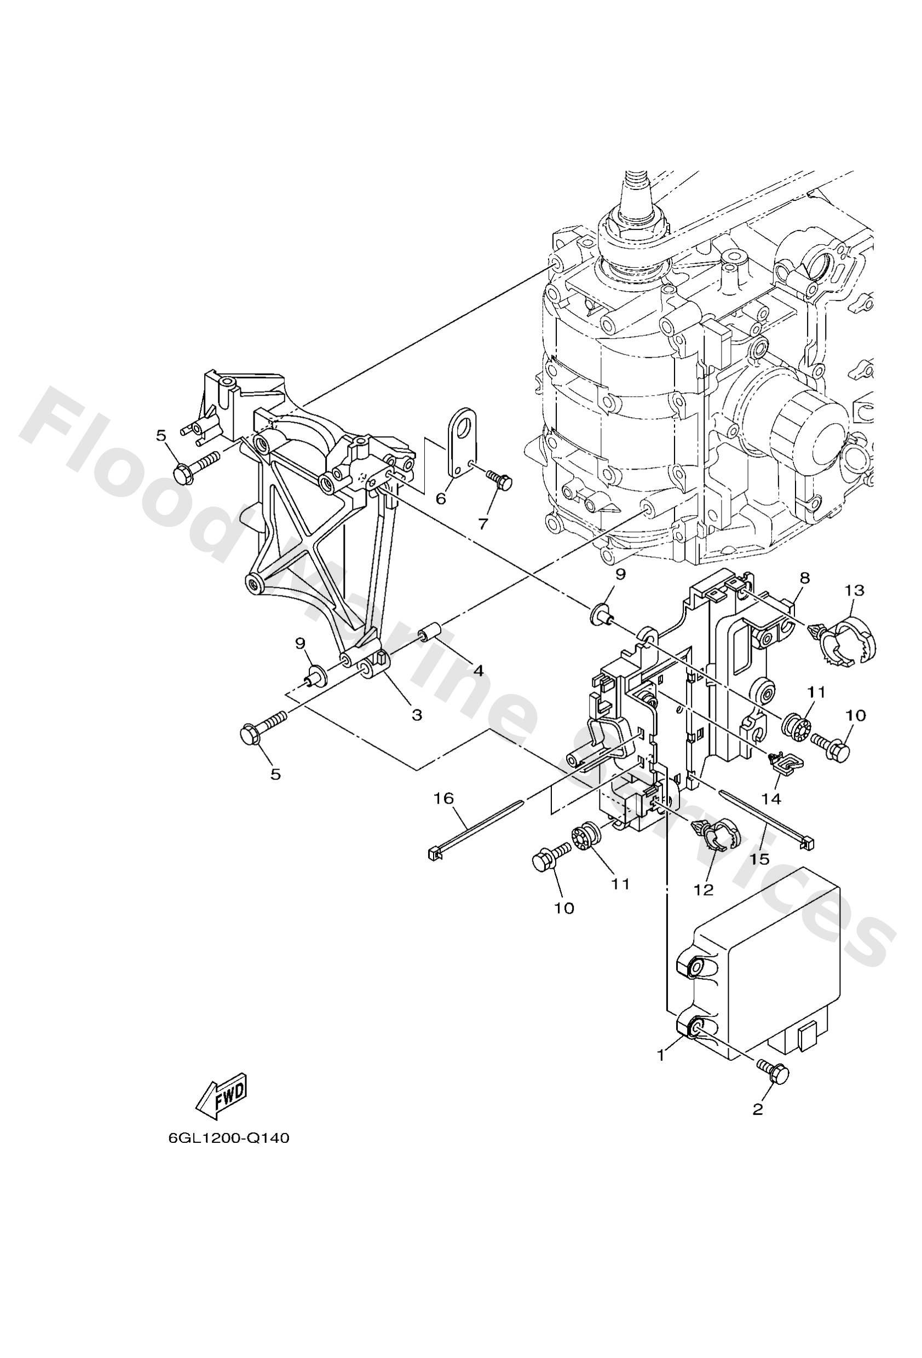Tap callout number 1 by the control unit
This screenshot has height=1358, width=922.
tap(661, 1055)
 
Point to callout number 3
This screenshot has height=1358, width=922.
tap(416, 715)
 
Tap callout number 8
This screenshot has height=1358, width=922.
tap(804, 578)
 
